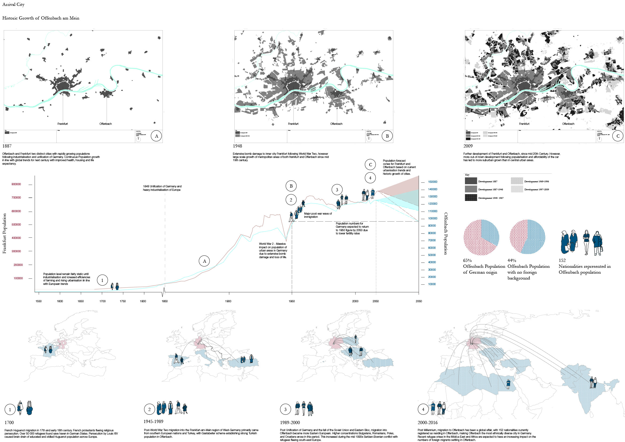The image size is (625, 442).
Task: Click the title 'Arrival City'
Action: (13, 5)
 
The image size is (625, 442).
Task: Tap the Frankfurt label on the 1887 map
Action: (63, 124)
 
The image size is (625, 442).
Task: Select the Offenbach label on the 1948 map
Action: (336, 124)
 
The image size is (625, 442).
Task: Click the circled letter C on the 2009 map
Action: (618, 136)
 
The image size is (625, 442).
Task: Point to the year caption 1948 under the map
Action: (237, 146)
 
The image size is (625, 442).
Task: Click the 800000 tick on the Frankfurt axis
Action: (16, 184)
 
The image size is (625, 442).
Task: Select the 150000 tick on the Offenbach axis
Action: (433, 182)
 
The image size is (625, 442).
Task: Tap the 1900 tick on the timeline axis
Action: (228, 301)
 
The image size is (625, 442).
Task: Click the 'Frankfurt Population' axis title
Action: (4, 234)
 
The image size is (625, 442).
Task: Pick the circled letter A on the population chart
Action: (204, 261)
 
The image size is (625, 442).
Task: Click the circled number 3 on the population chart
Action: (337, 190)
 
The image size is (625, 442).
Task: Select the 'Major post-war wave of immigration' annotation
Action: (318, 215)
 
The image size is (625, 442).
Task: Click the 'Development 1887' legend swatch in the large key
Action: (471, 181)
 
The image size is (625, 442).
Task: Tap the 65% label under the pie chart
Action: (467, 261)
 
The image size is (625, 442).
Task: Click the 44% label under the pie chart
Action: (512, 261)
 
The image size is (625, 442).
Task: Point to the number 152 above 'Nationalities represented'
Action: (562, 261)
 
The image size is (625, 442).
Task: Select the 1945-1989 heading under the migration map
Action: (154, 422)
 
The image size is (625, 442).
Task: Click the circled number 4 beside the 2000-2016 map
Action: (423, 409)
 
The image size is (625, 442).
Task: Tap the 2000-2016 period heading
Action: (428, 423)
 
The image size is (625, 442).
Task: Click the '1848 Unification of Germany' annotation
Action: (162, 188)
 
